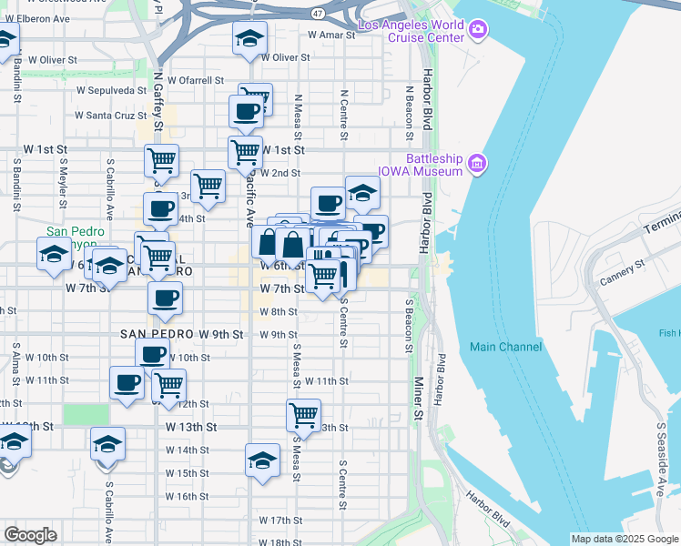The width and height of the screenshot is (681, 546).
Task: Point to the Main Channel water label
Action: click(x=506, y=347)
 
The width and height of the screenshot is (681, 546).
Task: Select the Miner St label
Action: click(x=419, y=401)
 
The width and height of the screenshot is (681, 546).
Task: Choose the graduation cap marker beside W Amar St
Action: click(x=249, y=39)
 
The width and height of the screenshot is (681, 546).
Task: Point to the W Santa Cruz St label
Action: click(x=110, y=116)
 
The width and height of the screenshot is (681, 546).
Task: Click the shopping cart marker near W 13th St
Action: click(x=303, y=415)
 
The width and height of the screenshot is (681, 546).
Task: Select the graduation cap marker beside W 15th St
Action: click(x=262, y=460)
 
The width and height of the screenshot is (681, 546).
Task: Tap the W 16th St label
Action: click(x=187, y=497)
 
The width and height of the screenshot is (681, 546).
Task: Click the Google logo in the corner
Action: click(x=30, y=534)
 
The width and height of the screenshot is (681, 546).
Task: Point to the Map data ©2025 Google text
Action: click(x=624, y=539)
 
